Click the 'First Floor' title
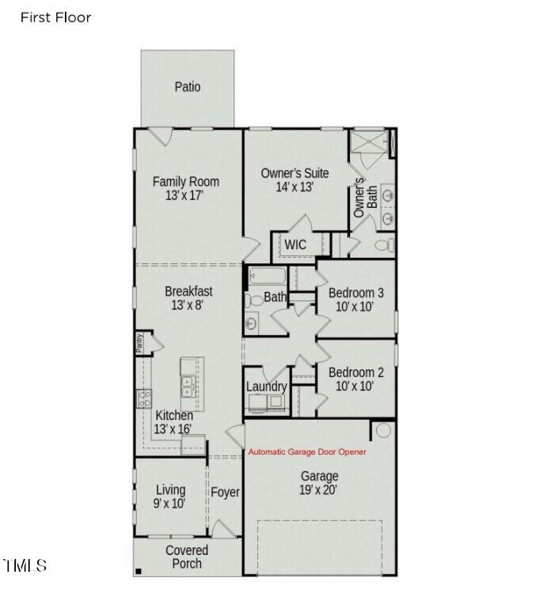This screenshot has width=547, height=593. (55, 17)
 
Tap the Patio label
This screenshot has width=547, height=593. (188, 87)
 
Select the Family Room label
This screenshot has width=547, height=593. (186, 182)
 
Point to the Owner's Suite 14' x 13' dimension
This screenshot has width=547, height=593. (295, 187)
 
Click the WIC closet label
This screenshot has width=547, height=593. (295, 244)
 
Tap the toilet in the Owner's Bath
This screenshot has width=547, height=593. (383, 245)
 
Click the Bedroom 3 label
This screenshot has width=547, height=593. (356, 293)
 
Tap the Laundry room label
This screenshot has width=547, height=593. (266, 386)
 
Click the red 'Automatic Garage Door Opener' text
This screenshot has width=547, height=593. (308, 452)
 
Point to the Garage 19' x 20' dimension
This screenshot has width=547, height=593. (319, 489)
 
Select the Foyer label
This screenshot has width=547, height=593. (225, 492)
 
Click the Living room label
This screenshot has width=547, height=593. (170, 490)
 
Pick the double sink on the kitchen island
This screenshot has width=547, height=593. (191, 386)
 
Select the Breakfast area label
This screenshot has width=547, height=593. (188, 291)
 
